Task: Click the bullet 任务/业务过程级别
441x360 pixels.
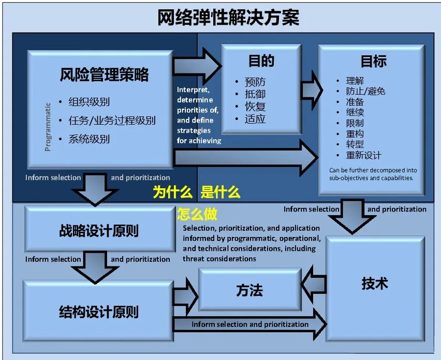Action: pyautogui.click(x=111, y=121)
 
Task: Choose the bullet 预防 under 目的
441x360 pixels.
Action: pyautogui.click(x=255, y=82)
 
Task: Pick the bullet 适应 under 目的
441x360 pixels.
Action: pyautogui.click(x=255, y=119)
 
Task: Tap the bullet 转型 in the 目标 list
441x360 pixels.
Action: pyautogui.click(x=355, y=144)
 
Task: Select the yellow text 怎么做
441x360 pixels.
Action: pyautogui.click(x=197, y=213)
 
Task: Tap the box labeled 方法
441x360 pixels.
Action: pyautogui.click(x=249, y=290)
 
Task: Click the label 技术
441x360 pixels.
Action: pyautogui.click(x=374, y=284)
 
